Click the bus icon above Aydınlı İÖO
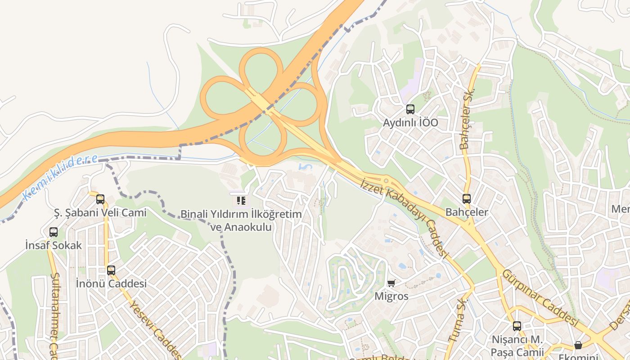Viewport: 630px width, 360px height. tap(410, 109)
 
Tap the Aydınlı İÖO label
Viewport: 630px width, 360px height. tap(410, 123)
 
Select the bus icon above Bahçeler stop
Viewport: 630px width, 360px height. tap(467, 198)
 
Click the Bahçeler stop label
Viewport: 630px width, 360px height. tap(467, 212)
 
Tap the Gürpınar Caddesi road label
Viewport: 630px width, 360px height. tap(540, 297)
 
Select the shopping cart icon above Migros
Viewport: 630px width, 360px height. tap(391, 283)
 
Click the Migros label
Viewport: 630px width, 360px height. tap(391, 296)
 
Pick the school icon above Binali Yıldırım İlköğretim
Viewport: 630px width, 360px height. tap(241, 200)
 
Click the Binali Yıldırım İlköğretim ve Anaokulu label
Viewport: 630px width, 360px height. tap(241, 220)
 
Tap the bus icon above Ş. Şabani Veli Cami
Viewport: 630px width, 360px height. tap(100, 199)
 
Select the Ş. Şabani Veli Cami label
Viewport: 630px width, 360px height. tap(100, 212)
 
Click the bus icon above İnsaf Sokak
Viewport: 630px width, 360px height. tap(54, 232)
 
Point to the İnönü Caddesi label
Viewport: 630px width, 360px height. tap(111, 284)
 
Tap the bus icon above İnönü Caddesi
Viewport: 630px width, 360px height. tap(111, 270)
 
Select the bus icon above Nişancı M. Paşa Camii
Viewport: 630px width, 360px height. tap(517, 326)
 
